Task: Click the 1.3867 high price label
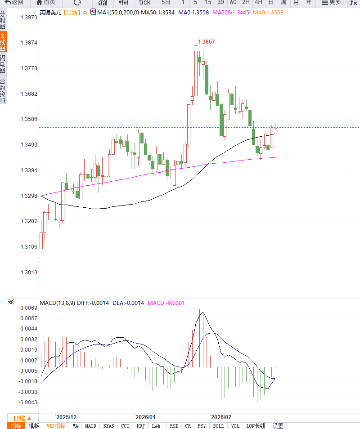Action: point(206,42)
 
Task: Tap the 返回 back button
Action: point(14,2)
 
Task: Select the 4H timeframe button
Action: point(258,2)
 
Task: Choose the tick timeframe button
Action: point(144,2)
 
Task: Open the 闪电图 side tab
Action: point(3,64)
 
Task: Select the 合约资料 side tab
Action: point(3,91)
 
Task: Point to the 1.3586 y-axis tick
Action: point(29,120)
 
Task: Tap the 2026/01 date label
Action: point(145,417)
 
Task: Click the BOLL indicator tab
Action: point(218,426)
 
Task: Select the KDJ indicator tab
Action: point(141,426)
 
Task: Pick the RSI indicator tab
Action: point(174,426)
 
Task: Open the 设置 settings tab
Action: point(278,426)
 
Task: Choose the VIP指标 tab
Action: point(56,426)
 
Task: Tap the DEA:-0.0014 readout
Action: point(128,303)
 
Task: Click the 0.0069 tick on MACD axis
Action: point(28,308)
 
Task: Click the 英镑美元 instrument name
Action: point(49,13)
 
